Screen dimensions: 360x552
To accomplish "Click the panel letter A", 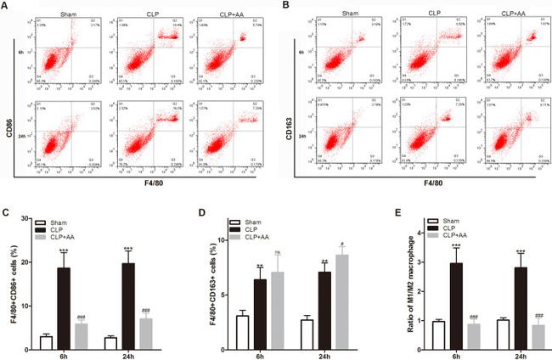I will pyautogui.click(x=6, y=6).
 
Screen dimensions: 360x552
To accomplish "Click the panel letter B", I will pyautogui.click(x=283, y=6).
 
